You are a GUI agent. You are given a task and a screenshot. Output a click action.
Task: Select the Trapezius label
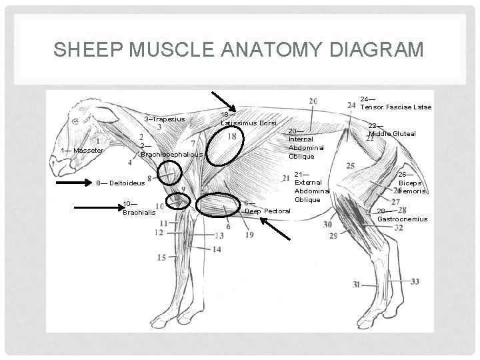point(165,119)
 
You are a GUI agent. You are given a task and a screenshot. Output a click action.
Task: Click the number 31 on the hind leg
point(357,284)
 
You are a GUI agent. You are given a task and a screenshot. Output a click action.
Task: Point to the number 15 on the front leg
point(161,257)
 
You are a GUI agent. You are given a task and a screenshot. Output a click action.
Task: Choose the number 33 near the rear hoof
point(415,281)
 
